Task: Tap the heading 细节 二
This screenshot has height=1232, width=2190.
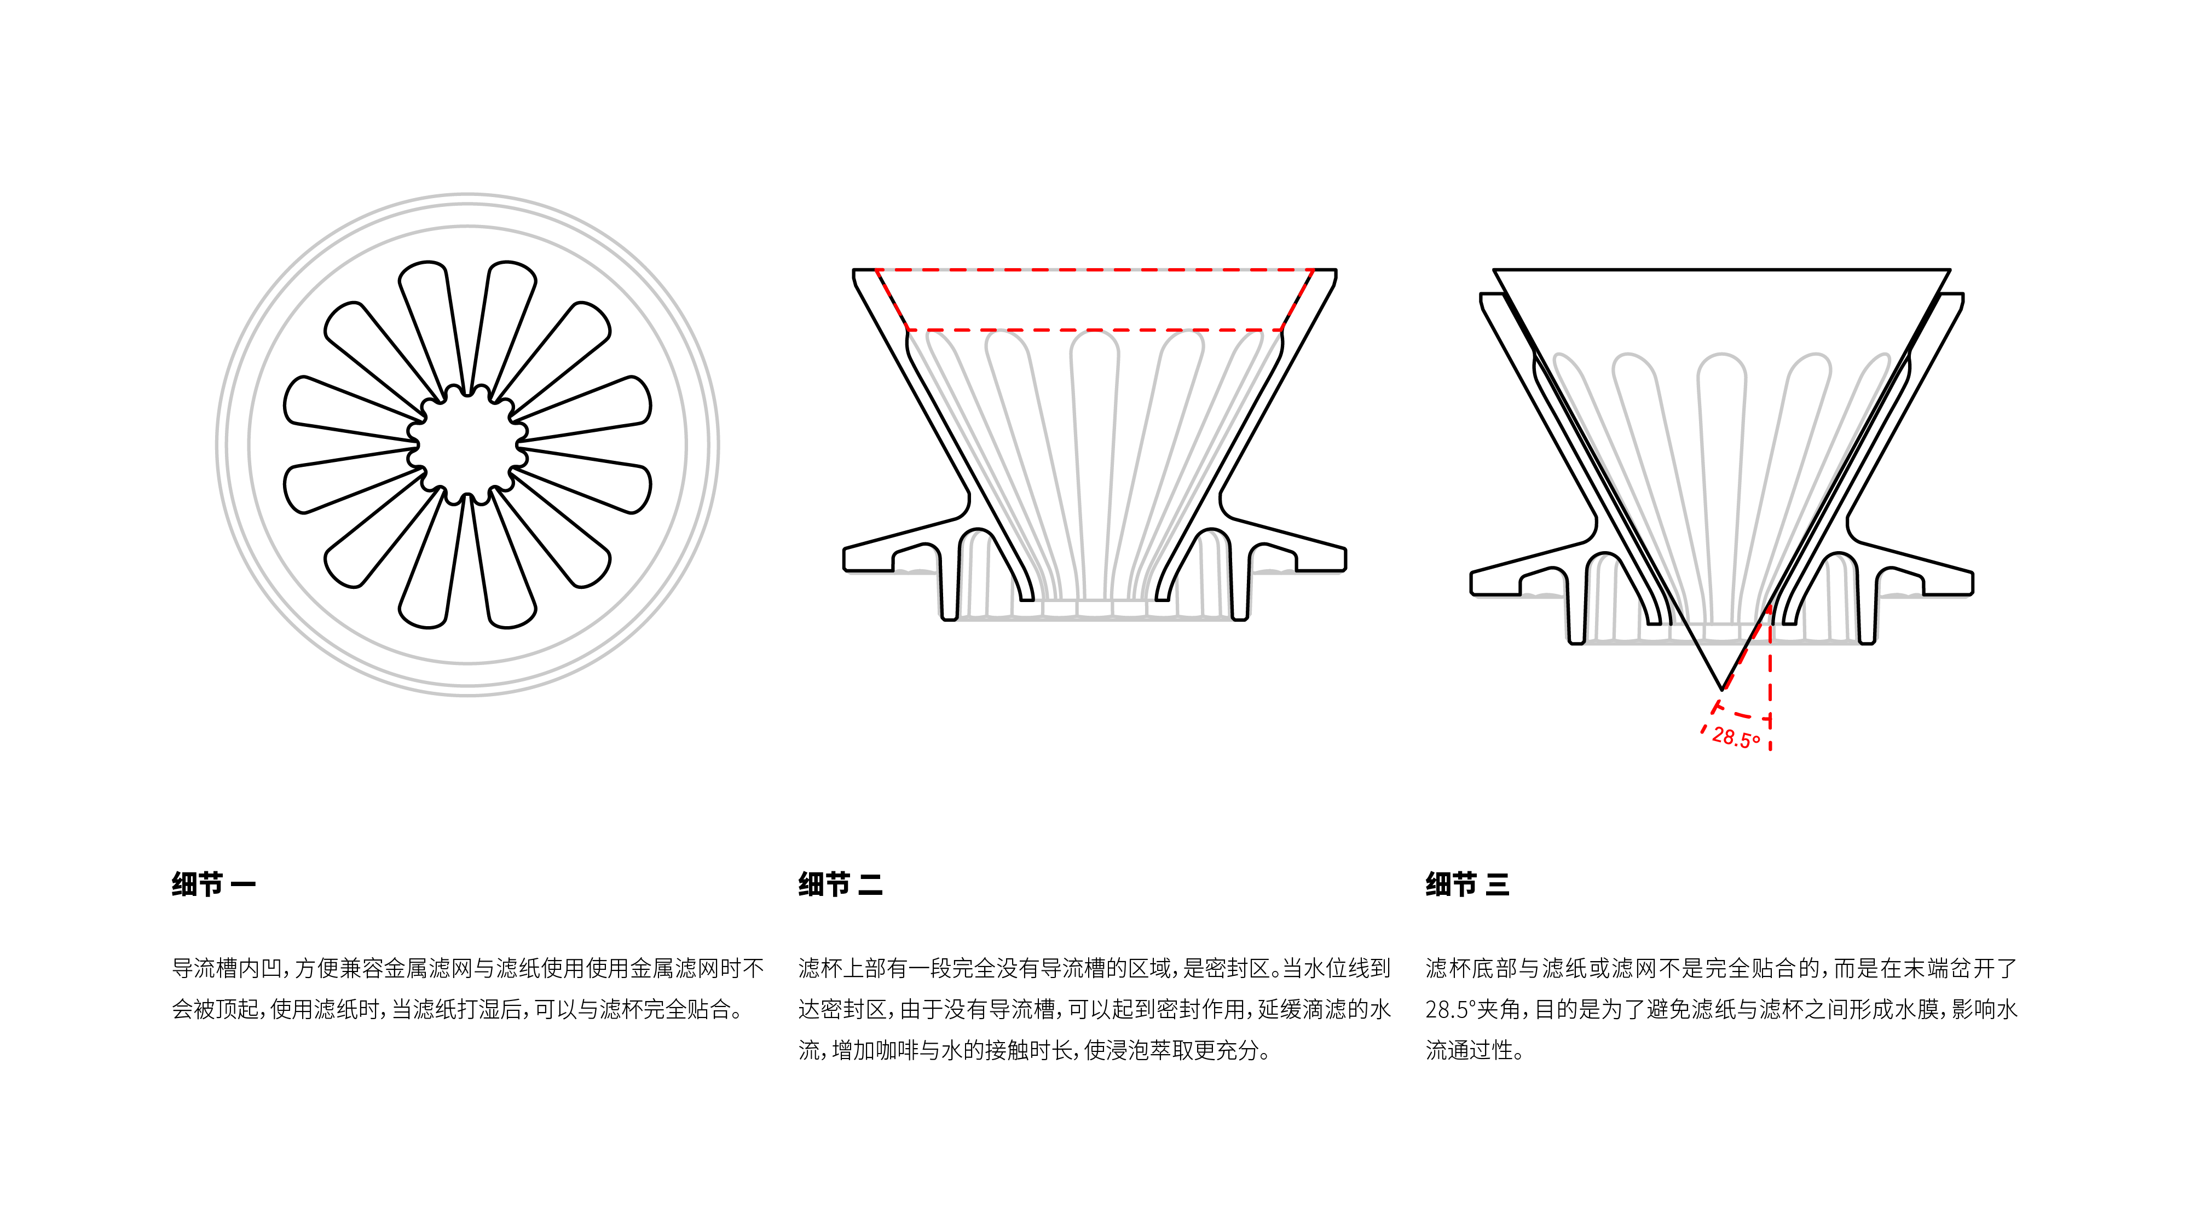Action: [x=840, y=884]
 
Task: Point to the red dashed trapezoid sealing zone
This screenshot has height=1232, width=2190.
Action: [x=1094, y=299]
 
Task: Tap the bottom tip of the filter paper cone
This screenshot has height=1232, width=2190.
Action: [x=1721, y=687]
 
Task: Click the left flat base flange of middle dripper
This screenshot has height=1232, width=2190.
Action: [x=884, y=553]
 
